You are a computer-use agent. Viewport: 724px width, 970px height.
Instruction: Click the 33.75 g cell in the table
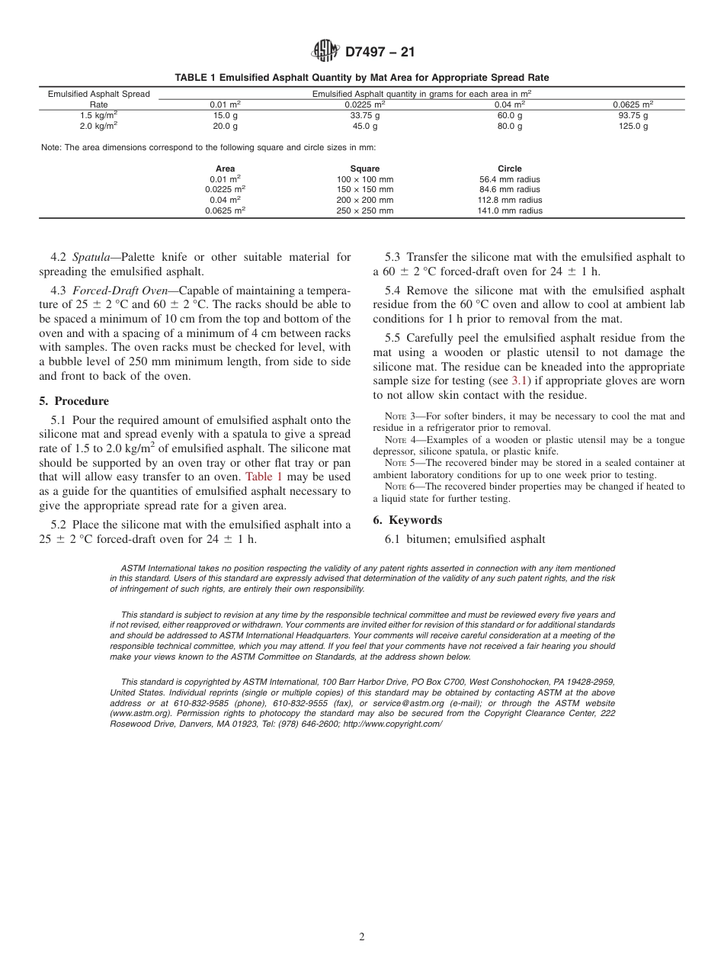pos(364,115)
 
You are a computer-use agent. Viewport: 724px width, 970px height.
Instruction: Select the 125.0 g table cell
pos(633,126)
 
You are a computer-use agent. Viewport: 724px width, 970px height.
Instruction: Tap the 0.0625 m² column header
pos(633,104)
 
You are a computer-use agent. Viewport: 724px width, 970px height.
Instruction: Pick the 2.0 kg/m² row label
pos(98,126)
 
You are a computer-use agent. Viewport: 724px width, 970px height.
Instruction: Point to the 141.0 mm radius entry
pos(509,210)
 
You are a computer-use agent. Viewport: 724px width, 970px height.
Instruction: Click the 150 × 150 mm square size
pos(364,189)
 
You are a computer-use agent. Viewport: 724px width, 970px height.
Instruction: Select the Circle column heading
pos(509,169)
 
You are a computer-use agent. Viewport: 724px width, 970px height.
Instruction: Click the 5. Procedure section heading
pos(74,401)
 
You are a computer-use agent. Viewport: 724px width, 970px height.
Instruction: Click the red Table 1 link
pos(264,477)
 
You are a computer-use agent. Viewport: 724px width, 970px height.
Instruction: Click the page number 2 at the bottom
pos(362,937)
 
